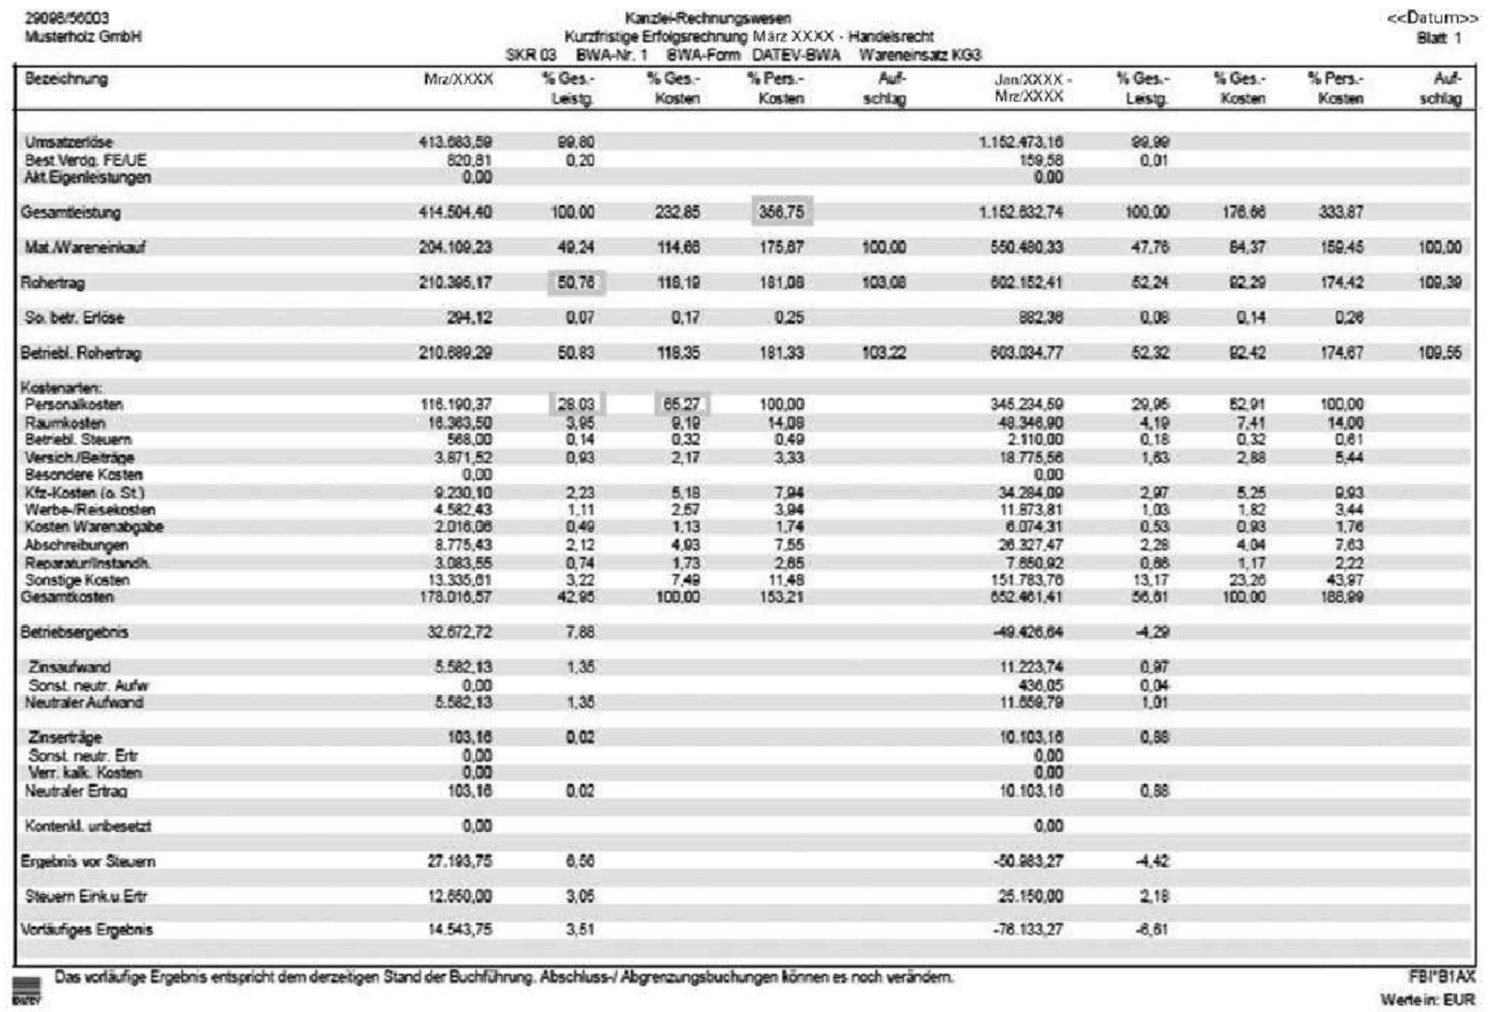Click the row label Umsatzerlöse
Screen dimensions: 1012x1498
coord(69,143)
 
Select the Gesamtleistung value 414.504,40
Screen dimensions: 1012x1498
coord(455,213)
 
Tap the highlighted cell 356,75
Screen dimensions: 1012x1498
coord(782,212)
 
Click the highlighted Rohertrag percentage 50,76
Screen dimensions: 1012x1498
coord(576,282)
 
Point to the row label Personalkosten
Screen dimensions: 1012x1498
coord(74,405)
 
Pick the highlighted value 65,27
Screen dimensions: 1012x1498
coord(681,405)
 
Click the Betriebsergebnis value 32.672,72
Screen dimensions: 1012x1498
coord(459,632)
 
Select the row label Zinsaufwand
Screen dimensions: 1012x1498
coord(69,667)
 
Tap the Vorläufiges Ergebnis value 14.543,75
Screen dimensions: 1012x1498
coord(459,930)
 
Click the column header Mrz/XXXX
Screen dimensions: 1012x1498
coord(458,80)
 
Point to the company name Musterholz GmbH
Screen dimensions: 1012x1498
coord(83,36)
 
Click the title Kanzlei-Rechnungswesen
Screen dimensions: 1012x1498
coord(708,19)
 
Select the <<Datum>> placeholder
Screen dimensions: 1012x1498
coord(1432,19)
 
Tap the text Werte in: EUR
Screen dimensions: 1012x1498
coord(1427,1000)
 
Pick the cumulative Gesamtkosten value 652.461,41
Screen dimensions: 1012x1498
coord(1026,597)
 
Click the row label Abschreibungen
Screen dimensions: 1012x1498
coord(76,545)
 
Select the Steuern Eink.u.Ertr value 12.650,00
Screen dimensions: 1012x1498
coord(459,896)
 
